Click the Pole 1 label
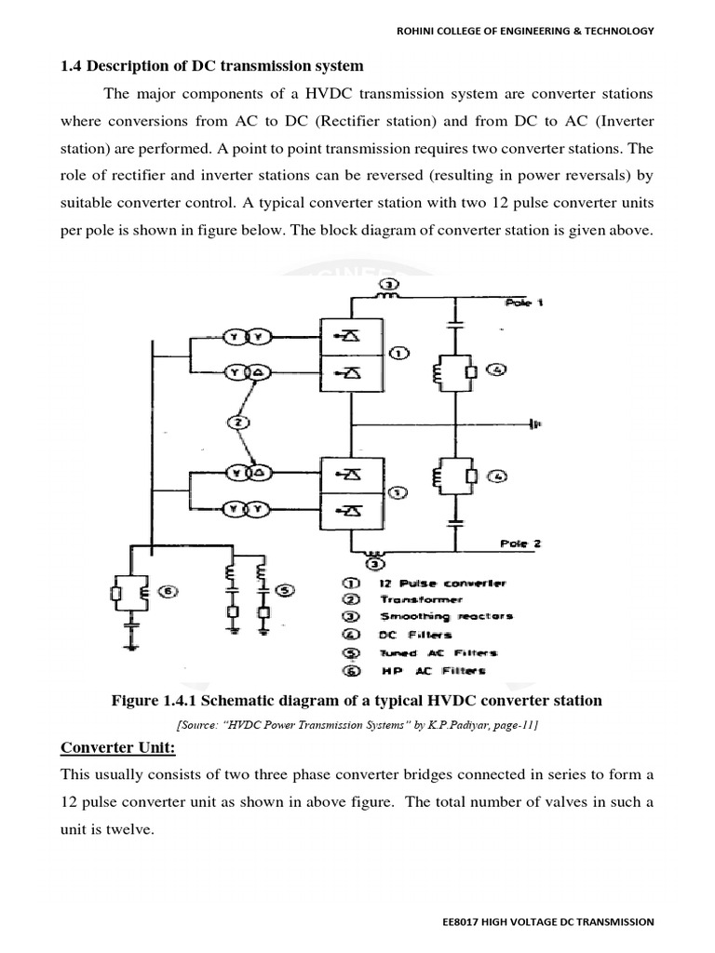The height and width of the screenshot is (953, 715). click(522, 303)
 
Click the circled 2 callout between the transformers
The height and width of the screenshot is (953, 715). click(237, 423)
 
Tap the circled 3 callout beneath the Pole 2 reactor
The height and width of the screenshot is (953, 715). click(373, 563)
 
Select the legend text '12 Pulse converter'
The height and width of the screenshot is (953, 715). click(442, 583)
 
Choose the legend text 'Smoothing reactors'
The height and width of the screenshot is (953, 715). click(445, 616)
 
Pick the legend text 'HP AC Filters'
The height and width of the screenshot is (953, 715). click(432, 670)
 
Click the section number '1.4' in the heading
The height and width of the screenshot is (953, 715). click(72, 66)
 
